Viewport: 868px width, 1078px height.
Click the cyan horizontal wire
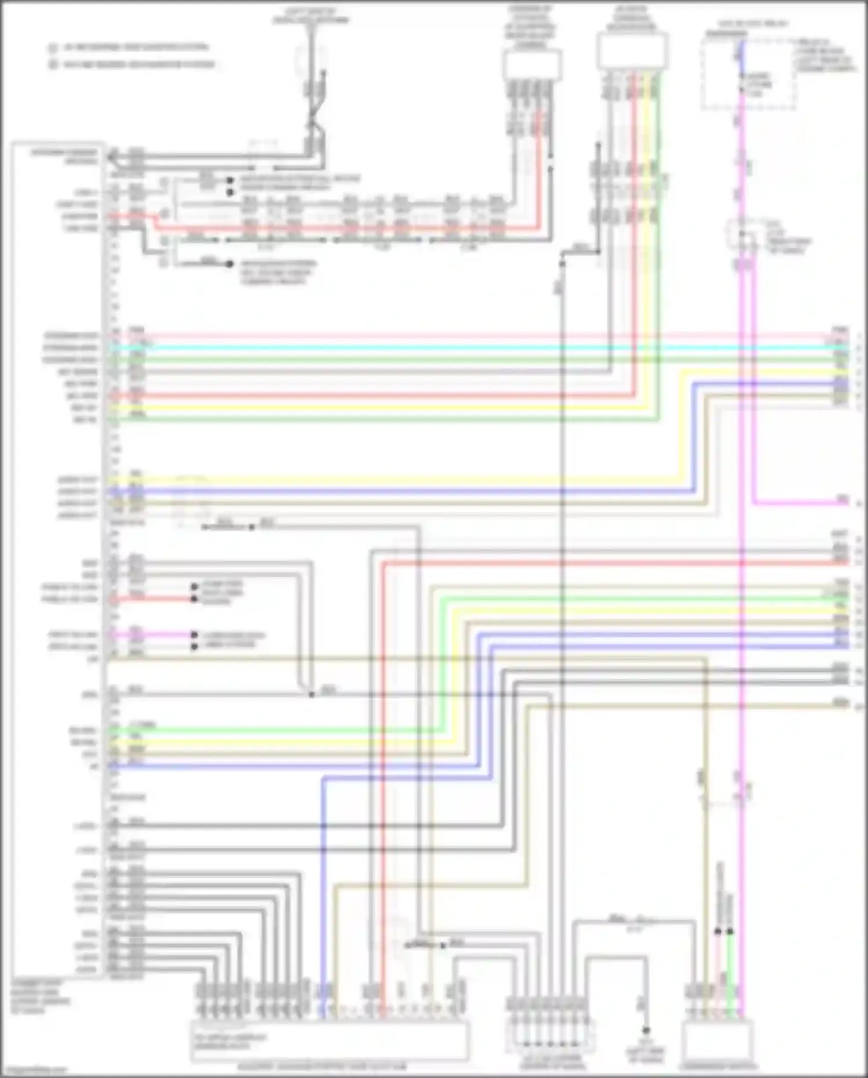(x=463, y=348)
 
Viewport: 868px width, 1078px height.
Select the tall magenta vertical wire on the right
(x=742, y=579)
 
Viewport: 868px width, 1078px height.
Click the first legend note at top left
(x=130, y=47)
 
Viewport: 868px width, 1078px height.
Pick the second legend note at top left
(x=133, y=64)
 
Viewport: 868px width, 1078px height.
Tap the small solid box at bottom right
(x=717, y=1041)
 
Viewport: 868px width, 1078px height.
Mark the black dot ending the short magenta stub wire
(x=195, y=635)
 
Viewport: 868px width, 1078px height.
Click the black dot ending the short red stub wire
(x=195, y=598)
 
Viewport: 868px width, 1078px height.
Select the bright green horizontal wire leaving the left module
(x=290, y=731)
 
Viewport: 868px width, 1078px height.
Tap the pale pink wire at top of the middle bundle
(x=463, y=336)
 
